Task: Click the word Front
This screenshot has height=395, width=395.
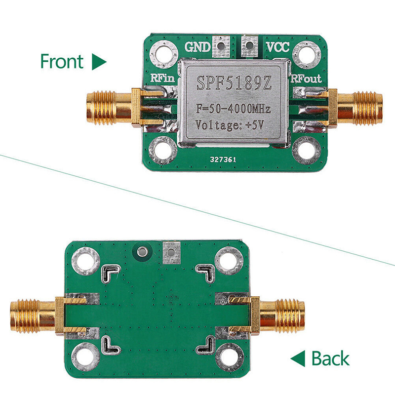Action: (61, 62)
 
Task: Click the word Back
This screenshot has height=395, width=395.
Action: (330, 358)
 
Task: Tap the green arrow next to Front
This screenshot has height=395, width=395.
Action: (99, 62)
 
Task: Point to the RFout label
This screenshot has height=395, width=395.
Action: (306, 79)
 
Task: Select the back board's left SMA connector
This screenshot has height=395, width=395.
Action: (35, 314)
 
